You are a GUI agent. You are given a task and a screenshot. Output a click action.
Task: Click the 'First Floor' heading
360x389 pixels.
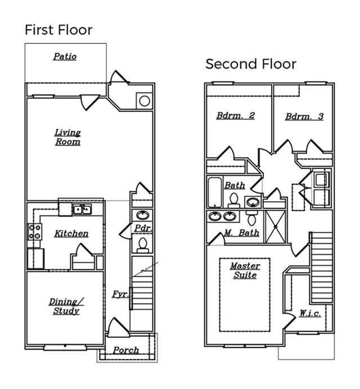[x=58, y=29]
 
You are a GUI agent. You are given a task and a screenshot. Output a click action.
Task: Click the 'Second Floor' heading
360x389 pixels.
[x=251, y=64]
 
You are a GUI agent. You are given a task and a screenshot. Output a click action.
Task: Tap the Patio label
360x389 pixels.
[x=65, y=56]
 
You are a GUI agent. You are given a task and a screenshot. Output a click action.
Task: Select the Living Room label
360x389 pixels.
[x=67, y=137]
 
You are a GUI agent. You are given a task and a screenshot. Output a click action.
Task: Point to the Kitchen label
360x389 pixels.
[x=71, y=233]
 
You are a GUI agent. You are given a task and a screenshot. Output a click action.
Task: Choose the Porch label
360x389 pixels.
[x=126, y=350]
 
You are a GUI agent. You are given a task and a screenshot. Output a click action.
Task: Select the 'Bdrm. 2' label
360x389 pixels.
[x=236, y=116]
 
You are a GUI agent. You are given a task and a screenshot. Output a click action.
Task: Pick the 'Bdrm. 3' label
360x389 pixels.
[x=304, y=116]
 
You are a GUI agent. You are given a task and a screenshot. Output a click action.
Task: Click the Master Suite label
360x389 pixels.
[x=245, y=270]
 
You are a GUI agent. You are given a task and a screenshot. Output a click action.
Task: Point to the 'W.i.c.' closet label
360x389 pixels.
[x=310, y=313]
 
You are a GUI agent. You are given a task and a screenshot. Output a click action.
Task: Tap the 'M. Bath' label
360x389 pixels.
[x=241, y=232]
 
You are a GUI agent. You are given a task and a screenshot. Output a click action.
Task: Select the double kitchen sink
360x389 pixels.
[x=82, y=210]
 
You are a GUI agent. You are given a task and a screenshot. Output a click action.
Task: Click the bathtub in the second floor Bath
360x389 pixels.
[x=215, y=193]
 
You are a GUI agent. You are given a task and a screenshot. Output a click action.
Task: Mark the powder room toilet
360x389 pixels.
[x=142, y=244]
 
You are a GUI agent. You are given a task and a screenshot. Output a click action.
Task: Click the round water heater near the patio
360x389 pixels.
[x=144, y=101]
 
